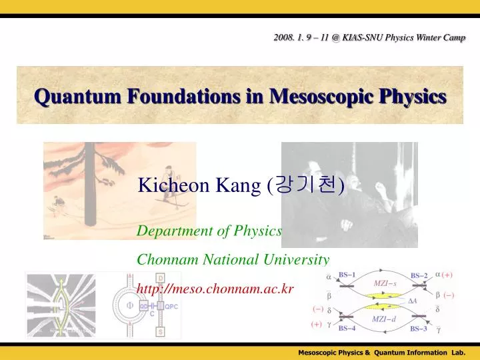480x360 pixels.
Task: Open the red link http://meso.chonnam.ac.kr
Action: pos(215,288)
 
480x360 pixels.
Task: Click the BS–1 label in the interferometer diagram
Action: pos(347,275)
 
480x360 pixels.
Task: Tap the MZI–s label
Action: pos(385,283)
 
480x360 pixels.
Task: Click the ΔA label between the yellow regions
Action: pos(413,301)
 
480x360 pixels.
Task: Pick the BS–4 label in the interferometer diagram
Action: pos(347,329)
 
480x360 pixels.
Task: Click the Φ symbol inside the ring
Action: pos(131,306)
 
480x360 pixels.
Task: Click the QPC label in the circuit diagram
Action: pos(171,307)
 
